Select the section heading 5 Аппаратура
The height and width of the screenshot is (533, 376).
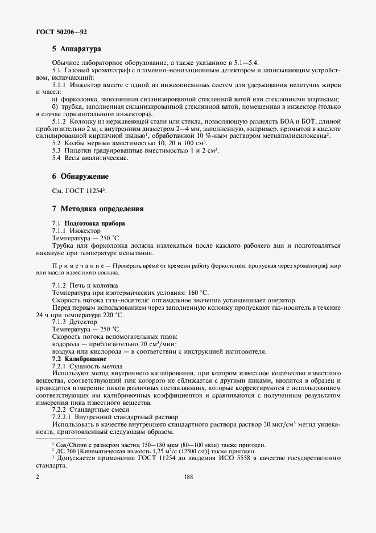click(x=76, y=49)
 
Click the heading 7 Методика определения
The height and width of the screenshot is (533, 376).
click(x=97, y=209)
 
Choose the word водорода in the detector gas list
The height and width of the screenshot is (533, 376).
click(x=67, y=344)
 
